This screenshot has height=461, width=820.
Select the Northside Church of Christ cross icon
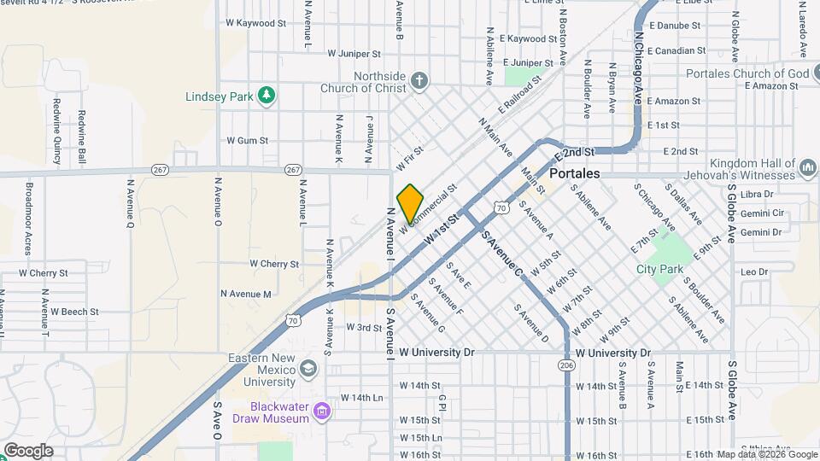point(419,81)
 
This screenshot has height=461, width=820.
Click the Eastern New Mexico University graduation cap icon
point(307,369)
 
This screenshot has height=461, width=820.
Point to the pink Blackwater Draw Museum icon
point(321,412)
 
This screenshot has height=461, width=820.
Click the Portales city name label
point(577,173)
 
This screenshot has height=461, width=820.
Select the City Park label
point(660,269)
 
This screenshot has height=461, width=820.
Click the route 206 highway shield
point(565,365)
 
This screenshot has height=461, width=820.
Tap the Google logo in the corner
point(28,450)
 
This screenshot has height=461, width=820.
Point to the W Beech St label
point(74,312)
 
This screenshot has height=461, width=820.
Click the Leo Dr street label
point(755,272)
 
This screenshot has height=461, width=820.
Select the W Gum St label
point(247,140)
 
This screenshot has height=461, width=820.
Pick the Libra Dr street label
point(757,195)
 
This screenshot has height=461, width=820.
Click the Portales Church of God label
point(747,73)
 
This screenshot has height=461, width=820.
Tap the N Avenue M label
point(245,294)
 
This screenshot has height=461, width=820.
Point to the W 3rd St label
point(363,327)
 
